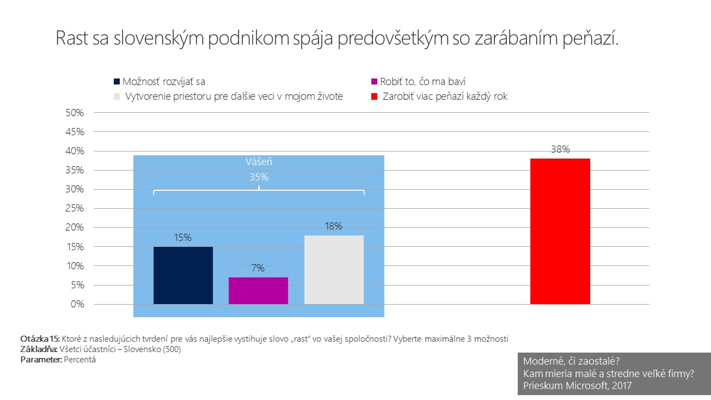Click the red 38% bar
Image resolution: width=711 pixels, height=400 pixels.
click(x=560, y=231)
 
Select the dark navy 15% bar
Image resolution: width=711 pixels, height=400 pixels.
click(x=183, y=275)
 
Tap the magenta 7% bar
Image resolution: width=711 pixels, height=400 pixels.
click(x=258, y=290)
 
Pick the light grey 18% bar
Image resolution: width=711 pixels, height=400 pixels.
click(x=334, y=270)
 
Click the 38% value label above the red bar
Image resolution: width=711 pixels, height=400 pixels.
click(x=560, y=149)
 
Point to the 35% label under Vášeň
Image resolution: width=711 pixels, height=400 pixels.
click(x=259, y=177)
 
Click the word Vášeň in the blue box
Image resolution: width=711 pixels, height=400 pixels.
click(x=259, y=162)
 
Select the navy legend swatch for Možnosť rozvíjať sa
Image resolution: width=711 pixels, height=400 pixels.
click(x=117, y=82)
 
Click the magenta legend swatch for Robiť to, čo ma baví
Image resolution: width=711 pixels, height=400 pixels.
click(x=373, y=82)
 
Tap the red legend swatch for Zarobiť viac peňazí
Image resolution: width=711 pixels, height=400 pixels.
click(x=373, y=97)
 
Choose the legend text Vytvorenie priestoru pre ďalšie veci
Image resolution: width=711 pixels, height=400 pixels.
click(x=234, y=97)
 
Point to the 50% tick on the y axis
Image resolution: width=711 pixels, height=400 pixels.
click(x=75, y=113)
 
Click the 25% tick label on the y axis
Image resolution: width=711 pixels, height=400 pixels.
click(x=75, y=209)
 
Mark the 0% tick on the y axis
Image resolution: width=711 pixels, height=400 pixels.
click(x=77, y=304)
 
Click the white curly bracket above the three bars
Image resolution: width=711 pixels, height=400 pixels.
click(x=259, y=191)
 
